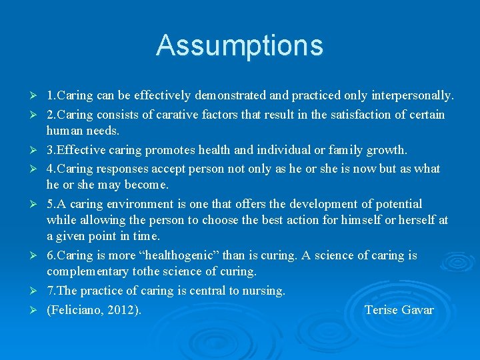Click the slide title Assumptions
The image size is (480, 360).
coord(239,45)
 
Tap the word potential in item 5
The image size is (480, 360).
coord(397,204)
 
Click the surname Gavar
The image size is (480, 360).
coord(417,310)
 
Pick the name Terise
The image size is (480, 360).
coord(381,310)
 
